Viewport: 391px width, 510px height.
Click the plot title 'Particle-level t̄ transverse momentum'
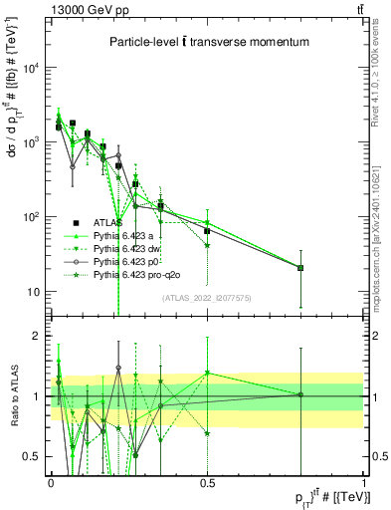pyautogui.click(x=206, y=42)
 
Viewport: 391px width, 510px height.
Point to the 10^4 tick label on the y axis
pyautogui.click(x=31, y=69)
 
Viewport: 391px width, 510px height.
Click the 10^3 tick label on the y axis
pyautogui.click(x=31, y=143)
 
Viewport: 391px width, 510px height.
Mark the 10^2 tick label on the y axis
pyautogui.click(x=31, y=217)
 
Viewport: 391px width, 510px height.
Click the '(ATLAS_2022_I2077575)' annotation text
pyautogui.click(x=206, y=297)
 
